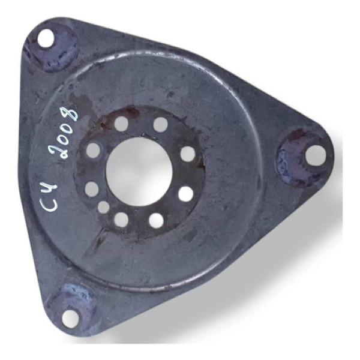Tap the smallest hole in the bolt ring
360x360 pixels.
click(x=103, y=207)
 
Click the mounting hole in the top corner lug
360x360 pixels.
click(x=46, y=38)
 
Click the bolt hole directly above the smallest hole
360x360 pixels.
click(x=92, y=189)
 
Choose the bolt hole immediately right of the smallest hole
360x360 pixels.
click(x=121, y=220)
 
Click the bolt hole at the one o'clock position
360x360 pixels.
click(x=160, y=125)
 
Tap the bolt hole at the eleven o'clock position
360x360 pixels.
click(x=121, y=124)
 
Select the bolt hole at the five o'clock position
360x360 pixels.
click(x=157, y=220)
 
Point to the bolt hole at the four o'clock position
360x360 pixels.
click(x=186, y=194)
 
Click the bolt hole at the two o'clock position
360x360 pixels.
click(x=188, y=154)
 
